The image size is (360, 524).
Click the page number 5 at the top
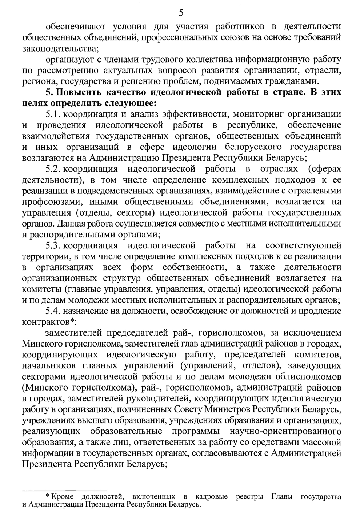pyautogui.click(x=181, y=13)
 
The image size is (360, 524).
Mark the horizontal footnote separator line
pyautogui.click(x=64, y=490)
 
